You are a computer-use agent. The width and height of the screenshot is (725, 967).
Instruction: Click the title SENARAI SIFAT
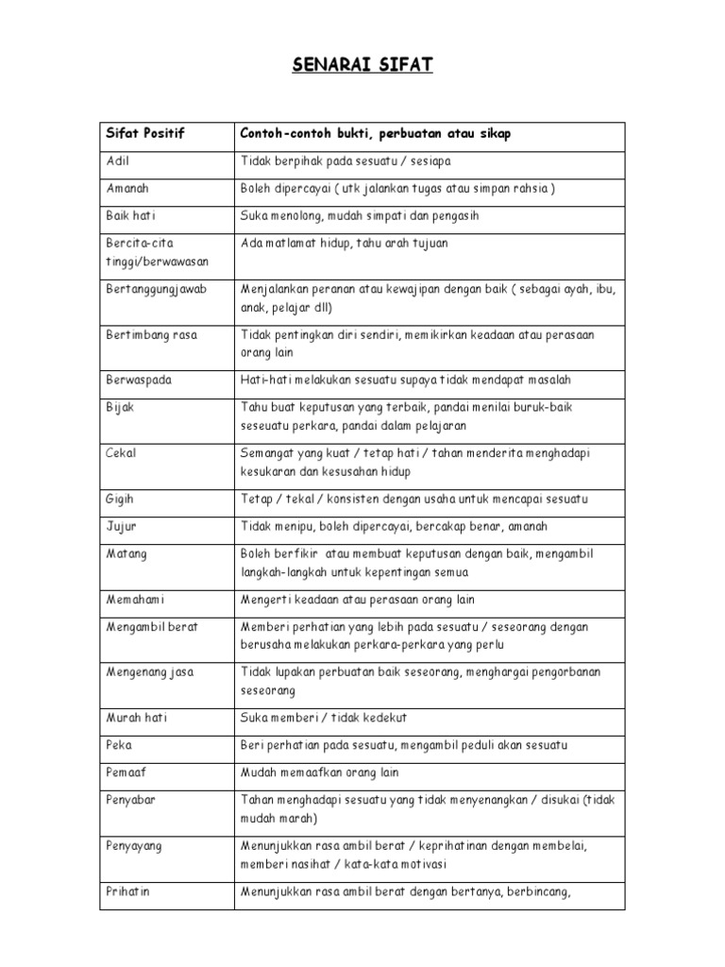pyautogui.click(x=362, y=65)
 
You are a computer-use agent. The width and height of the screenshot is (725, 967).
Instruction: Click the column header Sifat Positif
pyautogui.click(x=145, y=134)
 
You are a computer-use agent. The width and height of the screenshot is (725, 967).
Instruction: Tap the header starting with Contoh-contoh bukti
pyautogui.click(x=376, y=134)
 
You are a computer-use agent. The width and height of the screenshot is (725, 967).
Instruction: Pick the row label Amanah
pyautogui.click(x=126, y=188)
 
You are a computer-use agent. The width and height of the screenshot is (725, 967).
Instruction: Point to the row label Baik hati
pyautogui.click(x=131, y=216)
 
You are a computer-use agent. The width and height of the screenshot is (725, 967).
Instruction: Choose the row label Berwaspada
pyautogui.click(x=139, y=380)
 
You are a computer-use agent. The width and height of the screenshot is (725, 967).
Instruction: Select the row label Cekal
pyautogui.click(x=121, y=453)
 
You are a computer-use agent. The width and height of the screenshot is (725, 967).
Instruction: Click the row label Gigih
pyautogui.click(x=121, y=499)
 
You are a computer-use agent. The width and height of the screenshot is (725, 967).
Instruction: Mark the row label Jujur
pyautogui.click(x=120, y=526)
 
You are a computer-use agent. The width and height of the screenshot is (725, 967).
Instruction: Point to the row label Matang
pyautogui.click(x=126, y=552)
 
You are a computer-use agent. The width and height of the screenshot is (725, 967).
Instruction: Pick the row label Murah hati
pyautogui.click(x=136, y=718)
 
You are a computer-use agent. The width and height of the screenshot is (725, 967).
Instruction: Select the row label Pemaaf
pyautogui.click(x=126, y=772)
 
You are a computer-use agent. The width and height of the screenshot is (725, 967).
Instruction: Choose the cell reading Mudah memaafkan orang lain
pyautogui.click(x=320, y=772)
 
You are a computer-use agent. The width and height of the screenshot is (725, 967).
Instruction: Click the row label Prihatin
pyautogui.click(x=129, y=891)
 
